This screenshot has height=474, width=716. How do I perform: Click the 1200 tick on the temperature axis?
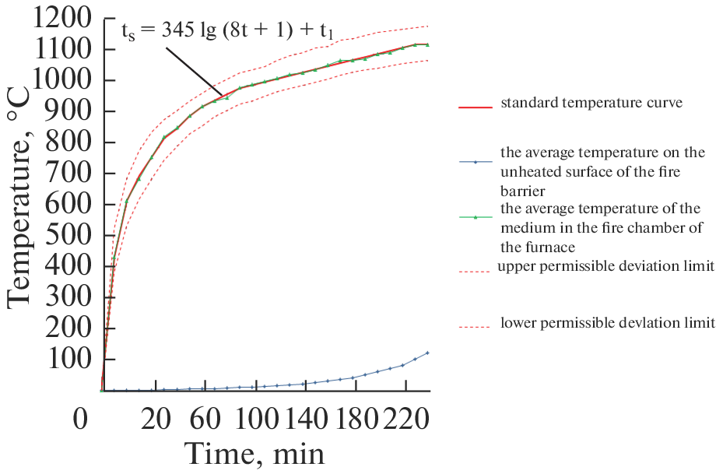[65, 19]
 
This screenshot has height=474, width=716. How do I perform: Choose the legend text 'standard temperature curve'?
[591, 103]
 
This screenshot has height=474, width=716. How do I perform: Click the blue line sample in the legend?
[476, 162]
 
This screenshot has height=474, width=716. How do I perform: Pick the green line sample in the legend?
[476, 217]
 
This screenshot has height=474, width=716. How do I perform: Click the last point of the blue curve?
[427, 353]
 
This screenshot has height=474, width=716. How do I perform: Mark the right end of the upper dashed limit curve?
[428, 26]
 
